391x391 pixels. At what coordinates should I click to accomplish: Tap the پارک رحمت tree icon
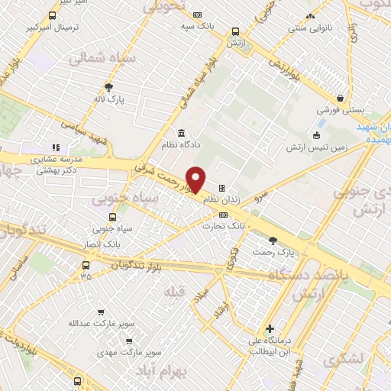tap(273, 239)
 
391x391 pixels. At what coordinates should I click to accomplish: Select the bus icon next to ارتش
tap(234, 32)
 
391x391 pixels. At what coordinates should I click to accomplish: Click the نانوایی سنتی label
tap(310, 27)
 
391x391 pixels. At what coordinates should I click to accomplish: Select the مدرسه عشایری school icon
tap(54, 148)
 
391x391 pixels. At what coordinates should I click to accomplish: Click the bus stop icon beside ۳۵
tap(84, 265)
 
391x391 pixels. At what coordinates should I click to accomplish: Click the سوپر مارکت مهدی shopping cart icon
tap(128, 341)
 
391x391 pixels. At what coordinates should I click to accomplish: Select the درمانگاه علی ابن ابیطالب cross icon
tap(270, 328)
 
